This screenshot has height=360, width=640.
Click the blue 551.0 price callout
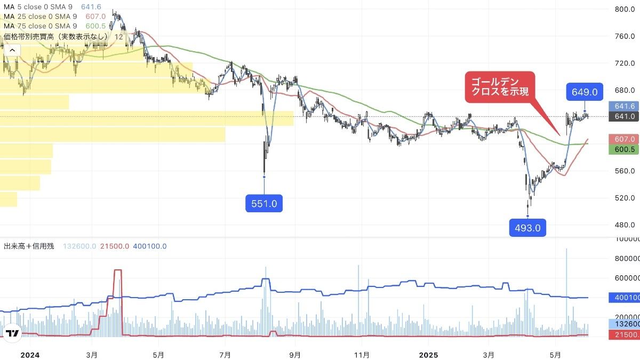pyautogui.click(x=264, y=203)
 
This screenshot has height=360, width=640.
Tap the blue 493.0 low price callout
pyautogui.click(x=527, y=228)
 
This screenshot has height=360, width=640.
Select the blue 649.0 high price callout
pyautogui.click(x=585, y=92)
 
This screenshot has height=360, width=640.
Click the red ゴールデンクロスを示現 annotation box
pyautogui.click(x=499, y=87)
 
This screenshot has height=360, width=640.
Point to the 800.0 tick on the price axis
pyautogui.click(x=624, y=9)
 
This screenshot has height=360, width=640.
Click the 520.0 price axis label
pyautogui.click(x=624, y=198)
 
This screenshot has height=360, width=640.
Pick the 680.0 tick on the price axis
pyautogui.click(x=624, y=90)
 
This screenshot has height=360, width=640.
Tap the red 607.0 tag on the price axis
pyautogui.click(x=623, y=139)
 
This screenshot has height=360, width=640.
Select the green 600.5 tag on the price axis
pyautogui.click(x=623, y=150)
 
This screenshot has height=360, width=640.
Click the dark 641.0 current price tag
pyautogui.click(x=623, y=116)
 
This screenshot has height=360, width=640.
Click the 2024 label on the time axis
pyautogui.click(x=30, y=354)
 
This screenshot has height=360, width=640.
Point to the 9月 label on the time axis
pyautogui.click(x=295, y=354)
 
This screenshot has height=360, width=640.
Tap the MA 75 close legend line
pyautogui.click(x=40, y=26)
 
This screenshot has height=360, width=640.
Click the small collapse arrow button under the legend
pyautogui.click(x=12, y=51)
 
